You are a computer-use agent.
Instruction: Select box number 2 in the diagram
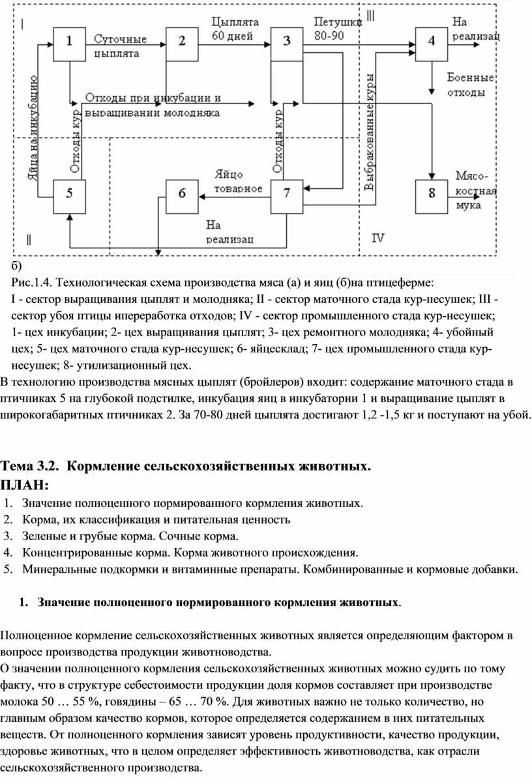[x=181, y=44]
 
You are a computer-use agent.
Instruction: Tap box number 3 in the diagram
[x=287, y=44]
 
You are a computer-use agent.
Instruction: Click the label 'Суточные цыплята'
[x=120, y=45]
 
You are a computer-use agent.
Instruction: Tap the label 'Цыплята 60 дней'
[x=235, y=28]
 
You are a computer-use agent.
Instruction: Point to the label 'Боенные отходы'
[x=471, y=85]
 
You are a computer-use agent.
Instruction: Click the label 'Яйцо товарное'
[x=238, y=182]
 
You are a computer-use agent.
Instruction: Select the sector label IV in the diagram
[x=378, y=238]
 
